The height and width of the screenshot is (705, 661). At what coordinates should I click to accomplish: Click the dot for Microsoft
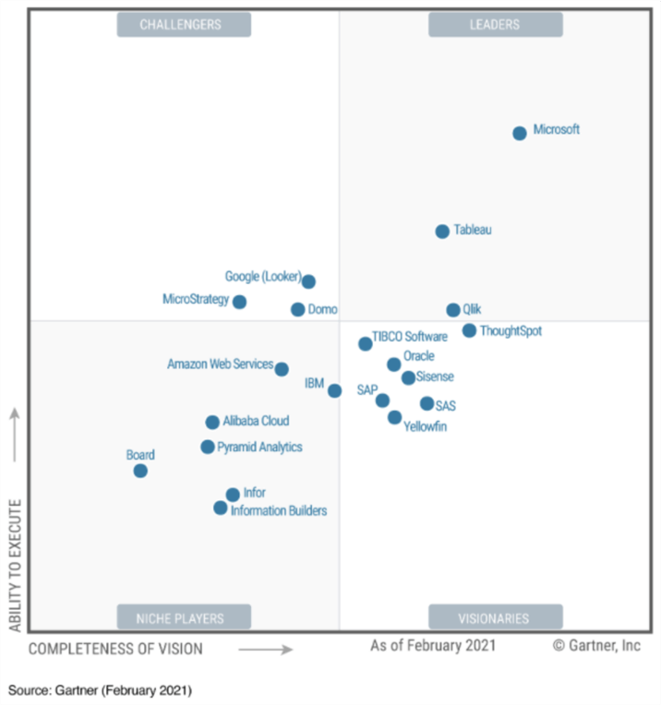520,133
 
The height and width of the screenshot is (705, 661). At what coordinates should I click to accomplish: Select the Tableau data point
442,232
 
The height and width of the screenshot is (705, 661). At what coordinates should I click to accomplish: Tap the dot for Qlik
453,310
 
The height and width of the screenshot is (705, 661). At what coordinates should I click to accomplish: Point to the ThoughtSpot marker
470,330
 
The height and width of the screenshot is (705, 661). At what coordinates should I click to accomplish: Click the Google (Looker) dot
308,281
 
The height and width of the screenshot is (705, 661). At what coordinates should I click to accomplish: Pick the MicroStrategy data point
239,302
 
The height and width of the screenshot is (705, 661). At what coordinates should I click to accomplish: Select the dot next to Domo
297,310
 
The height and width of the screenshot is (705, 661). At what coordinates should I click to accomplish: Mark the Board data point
140,471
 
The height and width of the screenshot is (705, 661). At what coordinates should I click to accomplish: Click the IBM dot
334,390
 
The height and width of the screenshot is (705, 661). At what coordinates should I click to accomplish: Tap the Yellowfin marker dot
394,417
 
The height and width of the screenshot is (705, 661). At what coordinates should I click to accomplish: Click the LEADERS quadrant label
495,25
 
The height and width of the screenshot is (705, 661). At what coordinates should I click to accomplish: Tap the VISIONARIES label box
495,617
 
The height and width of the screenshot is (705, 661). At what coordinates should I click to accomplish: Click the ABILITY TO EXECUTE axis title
15,566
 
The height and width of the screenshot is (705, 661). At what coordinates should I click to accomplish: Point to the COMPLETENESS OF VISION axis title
115,649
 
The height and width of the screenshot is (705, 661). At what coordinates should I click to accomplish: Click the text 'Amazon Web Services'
220,364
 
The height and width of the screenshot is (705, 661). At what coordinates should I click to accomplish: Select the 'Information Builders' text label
279,510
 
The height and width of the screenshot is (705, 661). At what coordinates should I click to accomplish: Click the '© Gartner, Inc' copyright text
596,646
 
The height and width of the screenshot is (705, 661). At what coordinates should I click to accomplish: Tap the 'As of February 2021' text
433,646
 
